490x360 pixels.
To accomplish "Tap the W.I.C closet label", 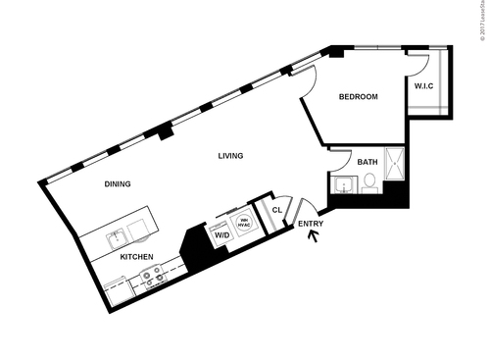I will (423, 86).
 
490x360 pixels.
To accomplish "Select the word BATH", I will (367, 162).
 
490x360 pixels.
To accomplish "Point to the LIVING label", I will (230, 156).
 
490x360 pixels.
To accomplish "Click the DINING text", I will (118, 183).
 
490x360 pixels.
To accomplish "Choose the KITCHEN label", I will (136, 256).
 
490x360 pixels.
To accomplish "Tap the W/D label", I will (221, 235).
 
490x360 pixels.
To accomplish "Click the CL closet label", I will (276, 209).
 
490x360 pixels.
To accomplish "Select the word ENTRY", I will (310, 225).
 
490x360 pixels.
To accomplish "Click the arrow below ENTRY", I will (314, 238).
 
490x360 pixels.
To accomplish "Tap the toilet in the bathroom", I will (369, 182).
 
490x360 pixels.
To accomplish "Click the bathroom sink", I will (344, 184).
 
